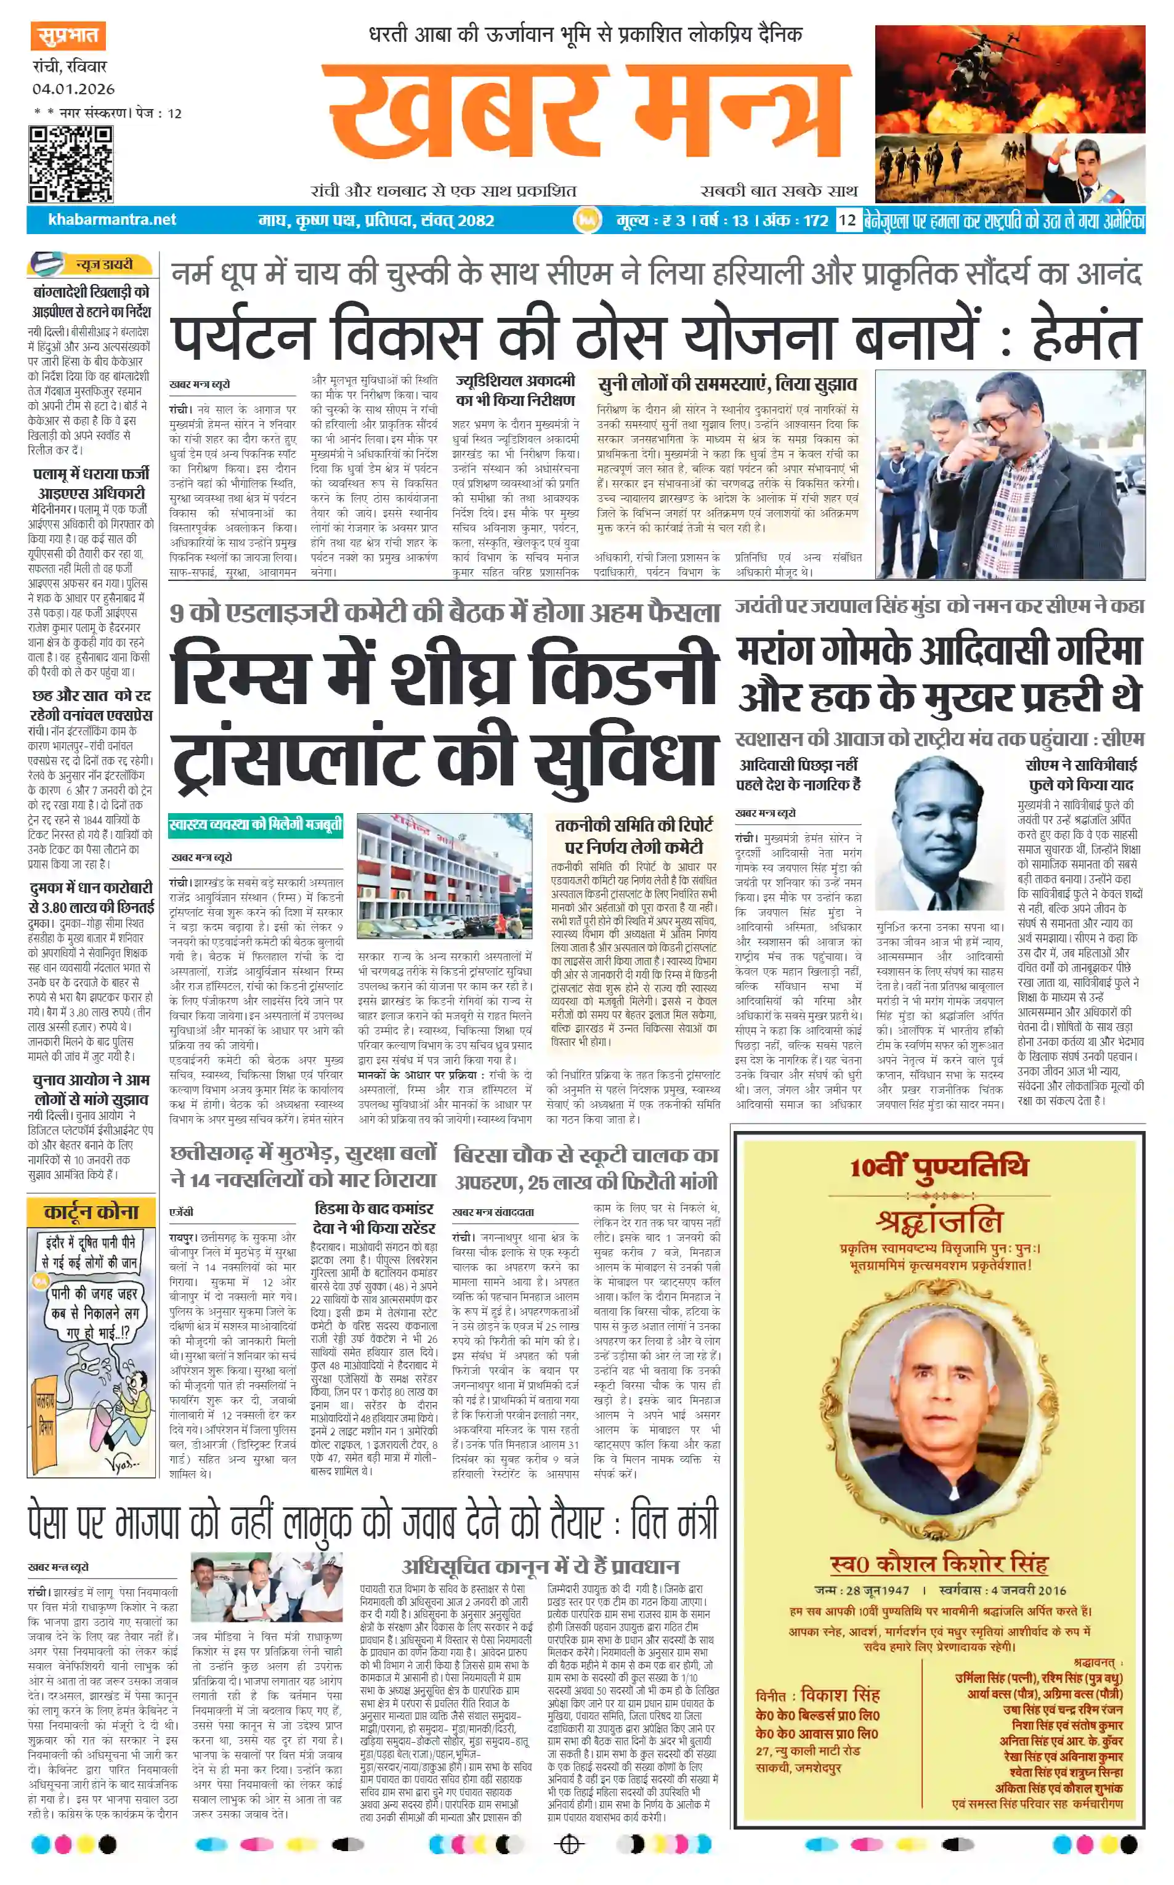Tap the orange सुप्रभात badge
68,36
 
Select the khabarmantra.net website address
112,220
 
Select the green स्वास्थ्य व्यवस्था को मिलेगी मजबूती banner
256,824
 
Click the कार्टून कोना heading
91,1211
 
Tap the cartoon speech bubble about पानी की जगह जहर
93,1313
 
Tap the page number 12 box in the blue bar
846,220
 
